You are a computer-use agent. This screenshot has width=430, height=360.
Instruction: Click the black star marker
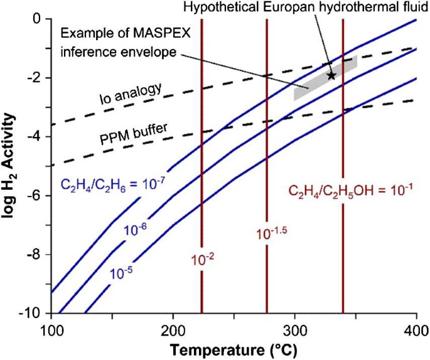(331, 75)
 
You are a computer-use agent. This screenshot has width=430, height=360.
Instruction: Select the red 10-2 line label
(202, 256)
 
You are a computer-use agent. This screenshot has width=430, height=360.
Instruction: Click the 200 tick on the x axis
(172, 330)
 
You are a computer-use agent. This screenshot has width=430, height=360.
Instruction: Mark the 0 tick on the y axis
(39, 19)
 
